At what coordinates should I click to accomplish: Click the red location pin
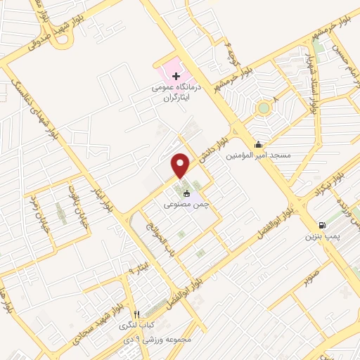181,165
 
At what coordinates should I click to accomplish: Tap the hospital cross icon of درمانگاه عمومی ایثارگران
176,76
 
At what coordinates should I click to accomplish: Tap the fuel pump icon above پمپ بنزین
322,225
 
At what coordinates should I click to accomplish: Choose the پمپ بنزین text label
321,237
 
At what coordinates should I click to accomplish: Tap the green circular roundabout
263,108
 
